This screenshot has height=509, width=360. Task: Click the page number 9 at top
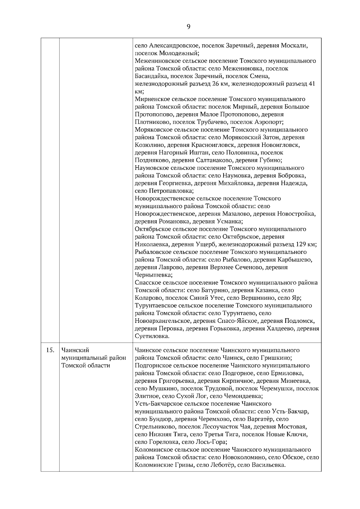tap(188, 27)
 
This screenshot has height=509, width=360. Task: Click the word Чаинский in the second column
tap(75, 350)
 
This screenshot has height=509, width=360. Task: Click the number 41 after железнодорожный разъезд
tap(312, 84)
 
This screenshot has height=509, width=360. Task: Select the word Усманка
tap(229, 222)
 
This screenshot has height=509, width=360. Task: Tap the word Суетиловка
tap(152, 336)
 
